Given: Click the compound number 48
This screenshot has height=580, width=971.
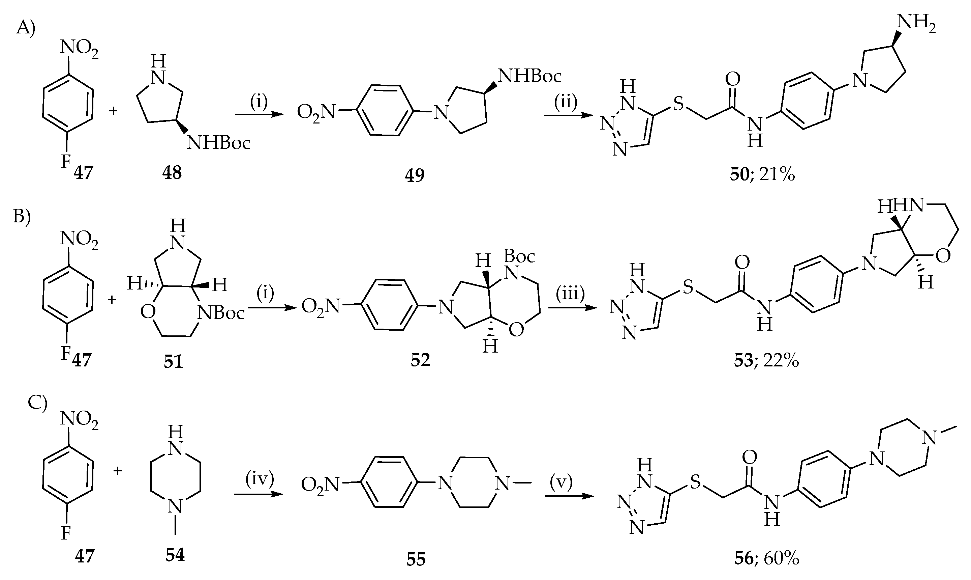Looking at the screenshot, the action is (x=172, y=172).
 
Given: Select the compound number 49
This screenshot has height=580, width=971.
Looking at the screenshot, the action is (x=415, y=175).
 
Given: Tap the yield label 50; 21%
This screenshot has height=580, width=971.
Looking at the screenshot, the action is (x=762, y=175).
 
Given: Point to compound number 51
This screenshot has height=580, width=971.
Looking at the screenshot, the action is (x=173, y=361).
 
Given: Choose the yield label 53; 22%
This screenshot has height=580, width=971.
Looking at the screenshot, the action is (x=766, y=360).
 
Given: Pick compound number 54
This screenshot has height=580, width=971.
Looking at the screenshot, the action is (x=175, y=555).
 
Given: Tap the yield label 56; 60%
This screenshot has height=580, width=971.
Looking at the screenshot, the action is (x=766, y=558).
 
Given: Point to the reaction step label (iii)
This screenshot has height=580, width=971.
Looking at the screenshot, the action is (x=570, y=293).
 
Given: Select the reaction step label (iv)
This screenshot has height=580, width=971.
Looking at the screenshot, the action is (x=260, y=479).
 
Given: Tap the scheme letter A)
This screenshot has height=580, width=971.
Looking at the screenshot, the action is (x=26, y=29).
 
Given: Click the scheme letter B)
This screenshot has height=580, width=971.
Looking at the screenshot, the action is (x=22, y=215).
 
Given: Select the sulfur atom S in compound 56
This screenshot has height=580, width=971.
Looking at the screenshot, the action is (x=695, y=482).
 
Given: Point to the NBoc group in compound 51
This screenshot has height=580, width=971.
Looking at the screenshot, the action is (x=221, y=313).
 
